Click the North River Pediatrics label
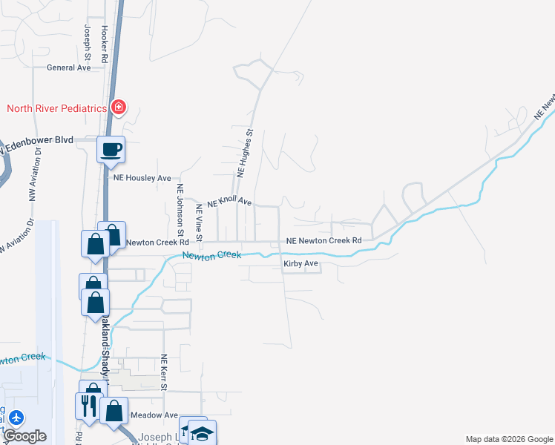[56, 108]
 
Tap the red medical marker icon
[118, 108]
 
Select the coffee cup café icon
[111, 150]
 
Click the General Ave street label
[68, 67]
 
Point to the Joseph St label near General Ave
[88, 42]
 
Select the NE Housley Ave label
[142, 178]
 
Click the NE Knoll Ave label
[230, 202]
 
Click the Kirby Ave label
[301, 263]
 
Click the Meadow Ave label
[154, 415]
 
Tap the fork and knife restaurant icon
[87, 406]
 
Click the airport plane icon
[16, 418]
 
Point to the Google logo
[24, 436]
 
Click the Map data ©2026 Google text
[508, 439]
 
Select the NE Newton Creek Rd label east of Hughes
[324, 241]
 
